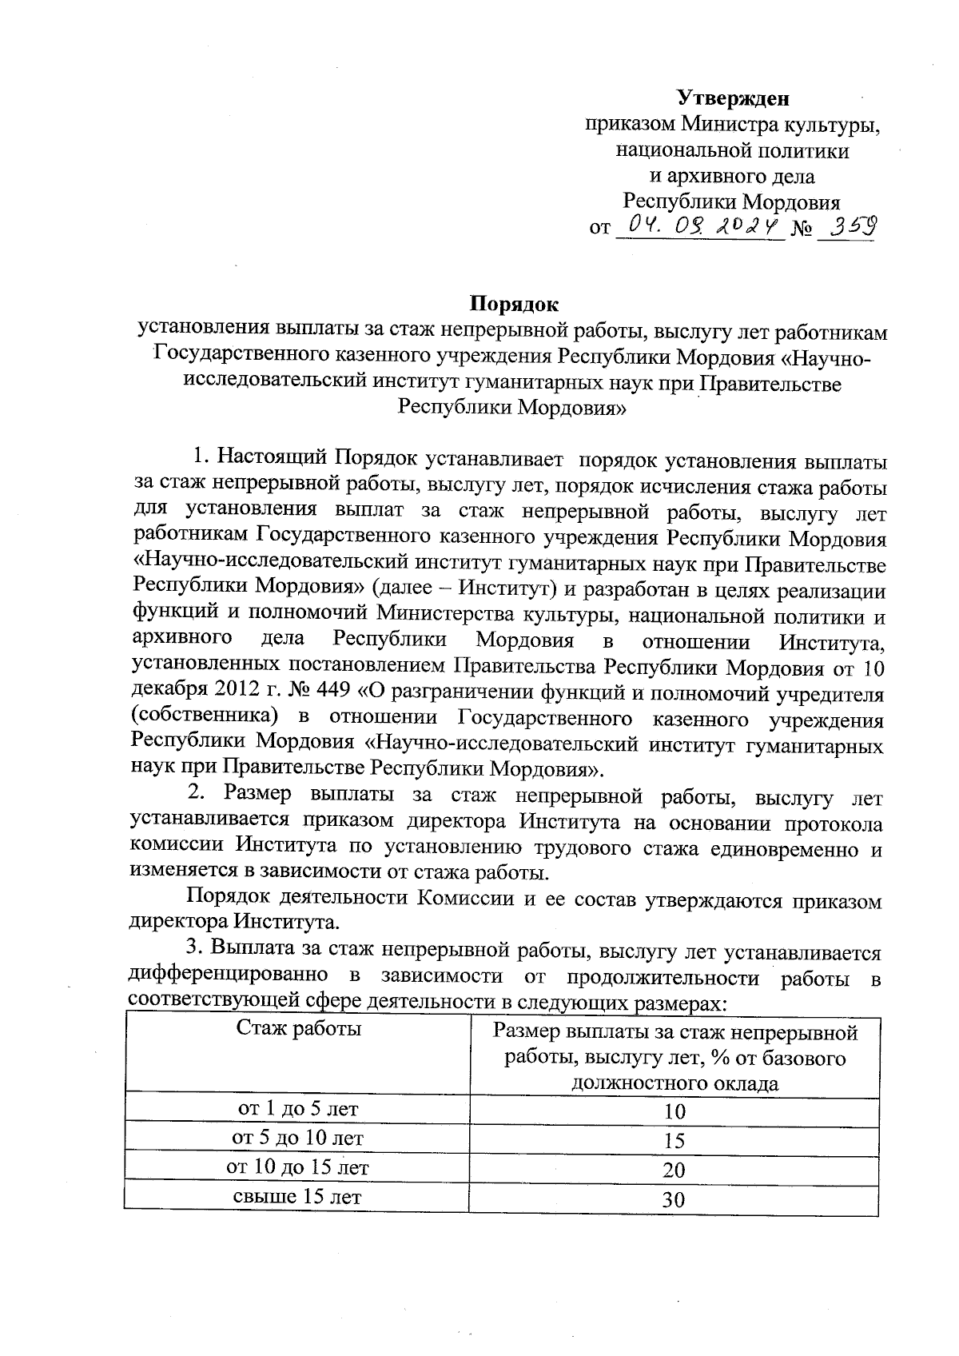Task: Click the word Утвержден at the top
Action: pyautogui.click(x=733, y=98)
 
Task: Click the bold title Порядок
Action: pyautogui.click(x=513, y=304)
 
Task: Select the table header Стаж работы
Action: pyautogui.click(x=299, y=1028)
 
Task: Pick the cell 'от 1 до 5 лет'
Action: pyautogui.click(x=299, y=1109)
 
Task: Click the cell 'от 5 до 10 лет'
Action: pyautogui.click(x=297, y=1138)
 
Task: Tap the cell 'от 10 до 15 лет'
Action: pyautogui.click(x=297, y=1167)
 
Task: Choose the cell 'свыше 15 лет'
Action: pyautogui.click(x=297, y=1196)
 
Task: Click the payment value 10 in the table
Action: pyautogui.click(x=674, y=1111)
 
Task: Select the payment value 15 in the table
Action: pyautogui.click(x=674, y=1140)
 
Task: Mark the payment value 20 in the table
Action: pyautogui.click(x=674, y=1170)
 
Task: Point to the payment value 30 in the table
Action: pyautogui.click(x=674, y=1199)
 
